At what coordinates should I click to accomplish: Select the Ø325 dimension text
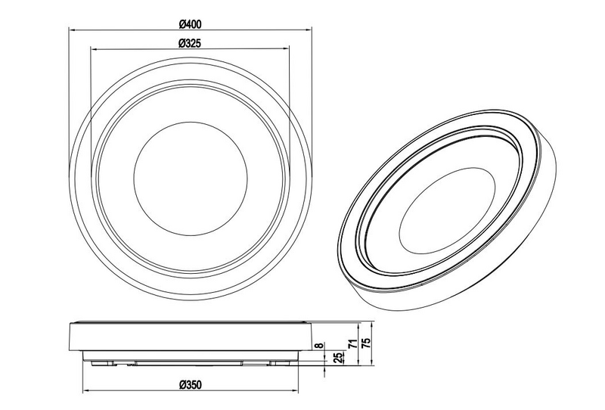189,43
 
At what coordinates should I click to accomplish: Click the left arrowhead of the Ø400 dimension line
72,29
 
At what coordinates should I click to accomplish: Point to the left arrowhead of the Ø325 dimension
93,50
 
